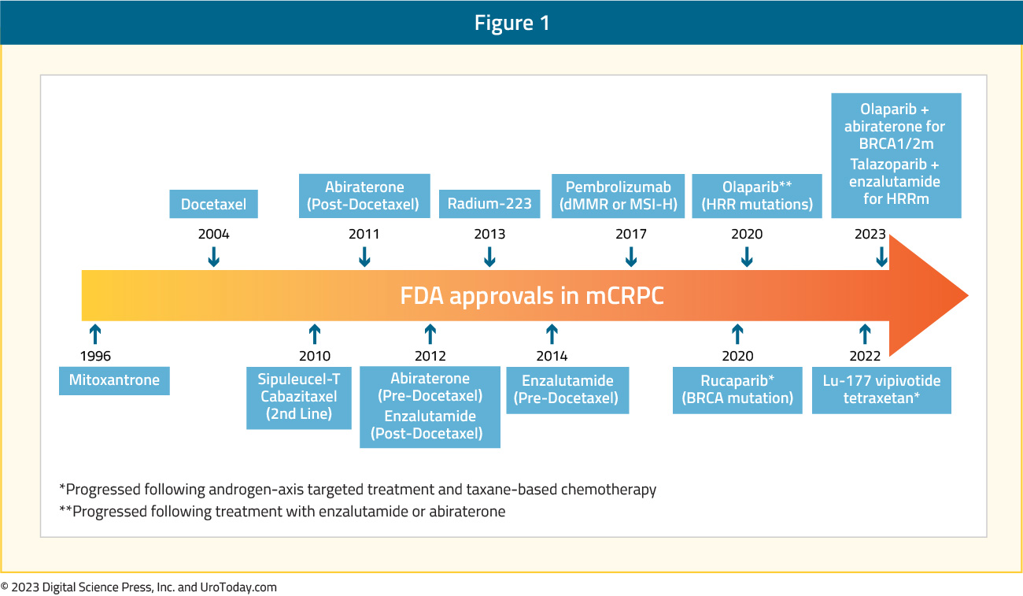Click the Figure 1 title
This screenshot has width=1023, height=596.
click(511, 22)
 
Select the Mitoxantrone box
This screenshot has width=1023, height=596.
click(114, 380)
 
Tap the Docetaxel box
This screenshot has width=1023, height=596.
click(213, 204)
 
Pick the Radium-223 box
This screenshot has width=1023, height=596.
click(489, 204)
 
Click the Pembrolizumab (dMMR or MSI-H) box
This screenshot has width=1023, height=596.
click(618, 195)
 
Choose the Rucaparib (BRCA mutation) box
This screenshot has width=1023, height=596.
click(737, 390)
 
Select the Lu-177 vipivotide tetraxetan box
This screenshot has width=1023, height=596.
click(881, 390)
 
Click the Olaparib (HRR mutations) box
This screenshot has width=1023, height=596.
click(757, 195)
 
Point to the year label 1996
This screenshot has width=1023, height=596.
click(95, 356)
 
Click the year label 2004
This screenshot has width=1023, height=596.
click(214, 234)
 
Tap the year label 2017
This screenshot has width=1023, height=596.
click(631, 234)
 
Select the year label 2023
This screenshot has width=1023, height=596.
click(870, 234)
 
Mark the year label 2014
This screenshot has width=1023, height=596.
click(552, 356)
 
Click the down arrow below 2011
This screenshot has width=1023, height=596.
click(364, 257)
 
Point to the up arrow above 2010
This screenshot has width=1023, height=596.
click(315, 334)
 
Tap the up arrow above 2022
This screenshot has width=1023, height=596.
click(865, 334)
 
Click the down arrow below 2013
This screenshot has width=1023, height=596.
click(489, 257)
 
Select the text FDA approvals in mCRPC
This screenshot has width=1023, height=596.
click(532, 296)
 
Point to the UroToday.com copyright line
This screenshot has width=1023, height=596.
click(138, 587)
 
